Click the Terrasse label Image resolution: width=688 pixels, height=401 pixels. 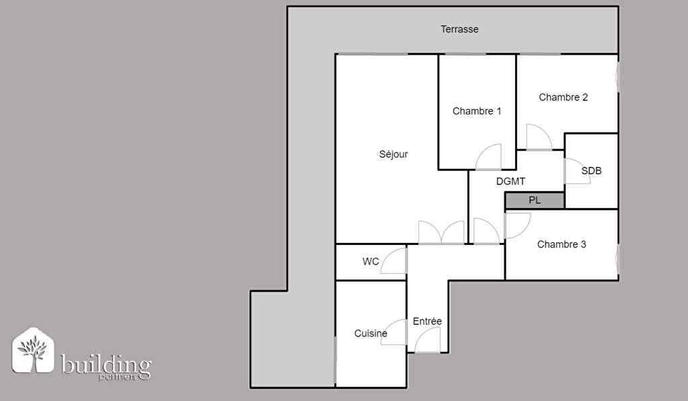coord(459,30)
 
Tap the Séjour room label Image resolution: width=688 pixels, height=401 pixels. coord(393,154)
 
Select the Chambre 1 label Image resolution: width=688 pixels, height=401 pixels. coord(477,111)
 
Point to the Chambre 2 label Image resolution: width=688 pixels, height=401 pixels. coord(563,98)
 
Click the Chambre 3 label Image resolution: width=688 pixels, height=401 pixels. coord(561,244)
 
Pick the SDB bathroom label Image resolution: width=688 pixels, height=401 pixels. coord(591,171)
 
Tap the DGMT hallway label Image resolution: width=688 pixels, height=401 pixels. coord(510,181)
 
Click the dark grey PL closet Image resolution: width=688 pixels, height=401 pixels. coord(535,200)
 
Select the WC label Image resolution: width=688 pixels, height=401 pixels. coord(371,262)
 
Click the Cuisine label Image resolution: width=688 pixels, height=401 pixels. coord(371,334)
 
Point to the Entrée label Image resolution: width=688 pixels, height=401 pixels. coord(427,321)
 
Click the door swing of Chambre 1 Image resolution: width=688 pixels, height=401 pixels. coord(488,157)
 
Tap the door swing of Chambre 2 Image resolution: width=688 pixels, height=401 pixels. coord(539,137)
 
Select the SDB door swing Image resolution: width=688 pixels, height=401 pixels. coord(577,171)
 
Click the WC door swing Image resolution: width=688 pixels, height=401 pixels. coord(393,260)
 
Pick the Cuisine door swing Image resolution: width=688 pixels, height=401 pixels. coord(393,332)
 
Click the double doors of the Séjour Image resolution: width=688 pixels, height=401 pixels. coord(441,232)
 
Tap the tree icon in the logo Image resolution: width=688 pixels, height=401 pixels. coord(32,350)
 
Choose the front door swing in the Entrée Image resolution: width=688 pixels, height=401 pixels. coord(427,340)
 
